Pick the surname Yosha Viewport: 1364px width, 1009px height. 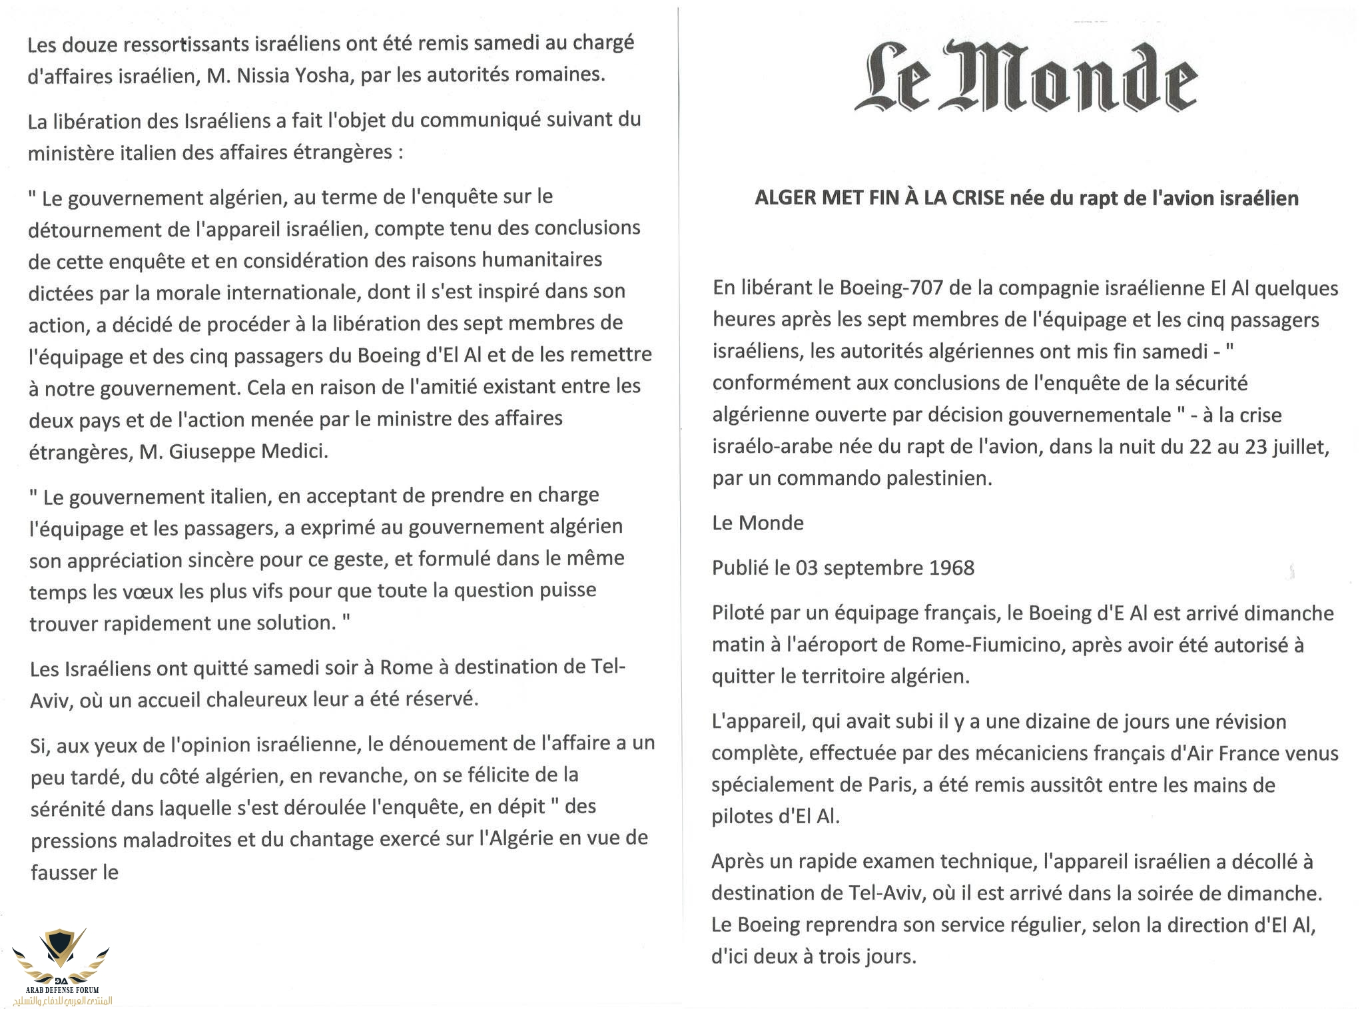326,75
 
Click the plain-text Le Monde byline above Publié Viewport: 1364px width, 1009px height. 757,523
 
